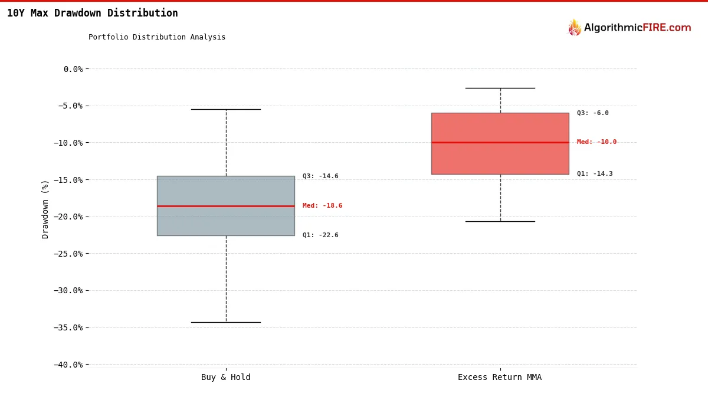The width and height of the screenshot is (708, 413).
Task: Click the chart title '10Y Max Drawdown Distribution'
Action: pyautogui.click(x=92, y=13)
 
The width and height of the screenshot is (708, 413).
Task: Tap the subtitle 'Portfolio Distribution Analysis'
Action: pyautogui.click(x=157, y=37)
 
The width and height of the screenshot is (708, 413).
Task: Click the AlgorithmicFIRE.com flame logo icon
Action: pyautogui.click(x=574, y=28)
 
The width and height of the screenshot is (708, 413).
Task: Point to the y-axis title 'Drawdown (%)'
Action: pyautogui.click(x=45, y=209)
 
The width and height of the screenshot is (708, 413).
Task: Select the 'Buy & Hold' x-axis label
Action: pyautogui.click(x=225, y=378)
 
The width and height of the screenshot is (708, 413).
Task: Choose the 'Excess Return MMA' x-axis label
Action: pyautogui.click(x=500, y=378)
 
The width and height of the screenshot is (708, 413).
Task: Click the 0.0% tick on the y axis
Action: pyautogui.click(x=73, y=69)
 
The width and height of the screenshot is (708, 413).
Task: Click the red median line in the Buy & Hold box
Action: pyautogui.click(x=225, y=206)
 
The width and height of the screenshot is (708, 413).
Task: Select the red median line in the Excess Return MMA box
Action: pyautogui.click(x=500, y=142)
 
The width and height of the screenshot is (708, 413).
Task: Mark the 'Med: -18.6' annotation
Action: pyautogui.click(x=322, y=206)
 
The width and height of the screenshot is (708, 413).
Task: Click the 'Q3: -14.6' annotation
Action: pyautogui.click(x=320, y=176)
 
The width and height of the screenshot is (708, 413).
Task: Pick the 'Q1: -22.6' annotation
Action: pyautogui.click(x=320, y=235)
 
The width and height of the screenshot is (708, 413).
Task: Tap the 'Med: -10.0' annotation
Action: pyautogui.click(x=596, y=142)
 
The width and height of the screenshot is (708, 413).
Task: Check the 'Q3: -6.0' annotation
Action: pyautogui.click(x=592, y=113)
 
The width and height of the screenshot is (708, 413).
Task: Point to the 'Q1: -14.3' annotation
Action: pyautogui.click(x=595, y=174)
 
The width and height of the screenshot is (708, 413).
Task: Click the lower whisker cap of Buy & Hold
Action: pyautogui.click(x=225, y=322)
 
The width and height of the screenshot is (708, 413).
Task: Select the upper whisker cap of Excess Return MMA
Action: pyautogui.click(x=500, y=88)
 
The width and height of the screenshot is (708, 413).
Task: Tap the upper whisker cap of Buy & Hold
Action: pyautogui.click(x=225, y=109)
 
